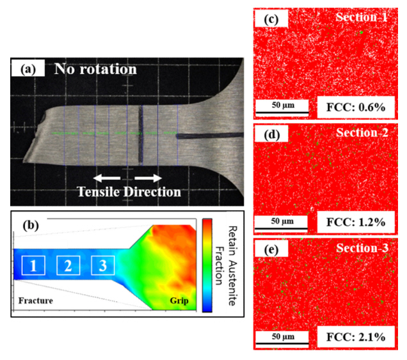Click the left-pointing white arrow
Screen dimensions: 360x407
pyautogui.click(x=106, y=178)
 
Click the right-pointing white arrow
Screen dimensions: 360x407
pyautogui.click(x=147, y=178)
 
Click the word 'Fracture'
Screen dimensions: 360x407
pyautogui.click(x=35, y=300)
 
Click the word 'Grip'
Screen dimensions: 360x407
pyautogui.click(x=180, y=300)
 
